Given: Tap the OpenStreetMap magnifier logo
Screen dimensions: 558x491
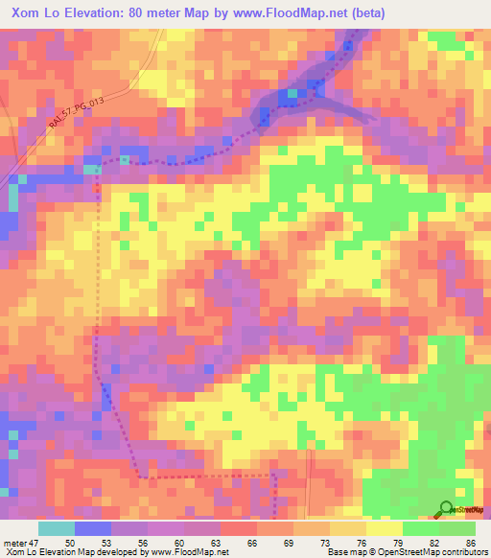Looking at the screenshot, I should (x=447, y=508).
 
